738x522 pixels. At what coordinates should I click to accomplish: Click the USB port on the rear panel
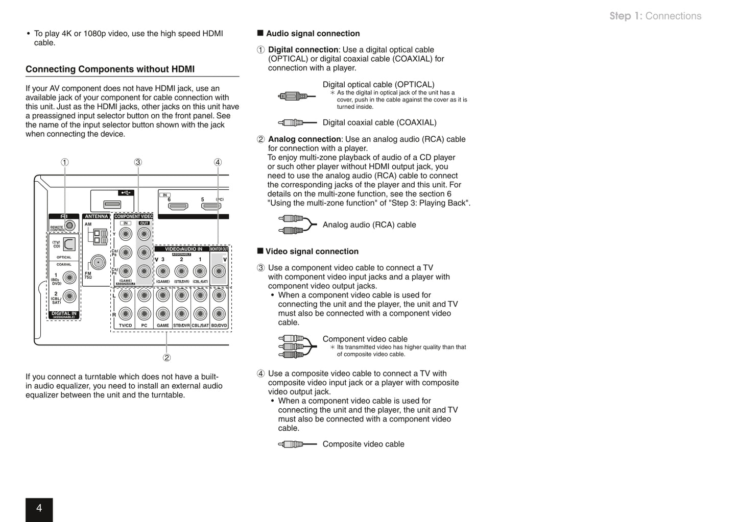112,205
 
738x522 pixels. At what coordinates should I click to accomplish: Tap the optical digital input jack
69,244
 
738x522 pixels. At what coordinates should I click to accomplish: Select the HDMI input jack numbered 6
178,207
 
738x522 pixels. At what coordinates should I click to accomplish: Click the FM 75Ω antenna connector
98,262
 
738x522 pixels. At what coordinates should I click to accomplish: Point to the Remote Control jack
70,225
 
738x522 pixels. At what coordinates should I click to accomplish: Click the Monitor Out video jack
219,271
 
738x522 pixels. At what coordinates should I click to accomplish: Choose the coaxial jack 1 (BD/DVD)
69,278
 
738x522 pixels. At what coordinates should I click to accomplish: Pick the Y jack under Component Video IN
125,234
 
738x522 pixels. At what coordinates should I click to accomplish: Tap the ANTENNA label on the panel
96,216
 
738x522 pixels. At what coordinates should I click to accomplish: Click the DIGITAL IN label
64,314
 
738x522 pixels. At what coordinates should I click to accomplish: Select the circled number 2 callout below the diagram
166,358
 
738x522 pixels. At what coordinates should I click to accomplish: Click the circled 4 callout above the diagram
218,162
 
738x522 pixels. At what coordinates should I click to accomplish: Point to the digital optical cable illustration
293,96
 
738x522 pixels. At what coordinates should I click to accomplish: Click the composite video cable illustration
296,444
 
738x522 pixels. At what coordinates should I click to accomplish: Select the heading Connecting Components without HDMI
110,69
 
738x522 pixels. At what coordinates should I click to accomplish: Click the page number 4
39,508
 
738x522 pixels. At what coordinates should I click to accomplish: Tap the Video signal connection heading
312,252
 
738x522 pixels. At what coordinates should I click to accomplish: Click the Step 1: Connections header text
655,16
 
